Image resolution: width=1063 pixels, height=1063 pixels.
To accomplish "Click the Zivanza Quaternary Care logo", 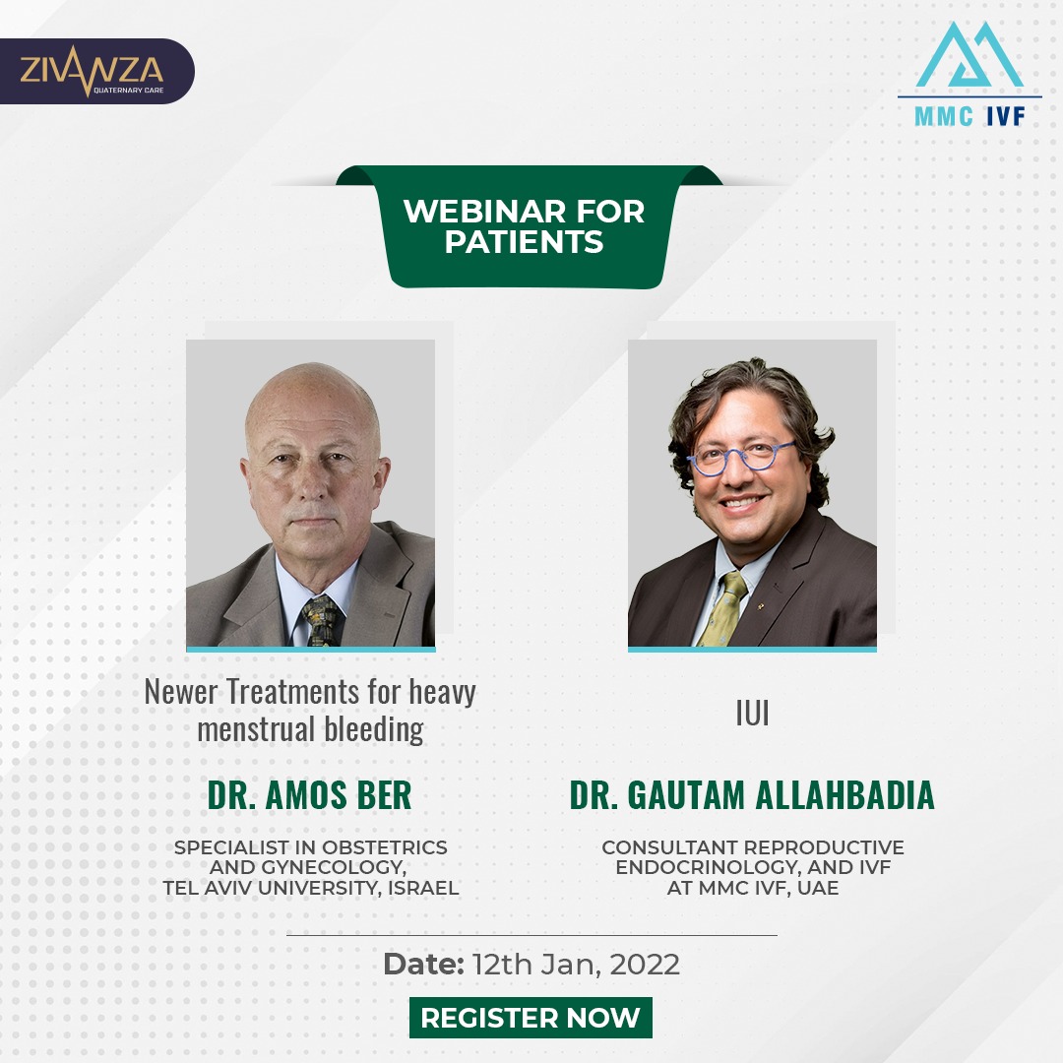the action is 93,71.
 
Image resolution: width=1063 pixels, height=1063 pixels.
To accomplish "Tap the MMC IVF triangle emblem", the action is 969,55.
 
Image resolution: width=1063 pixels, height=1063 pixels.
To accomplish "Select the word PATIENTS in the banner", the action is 524,242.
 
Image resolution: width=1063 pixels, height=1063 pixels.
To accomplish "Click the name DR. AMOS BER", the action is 310,795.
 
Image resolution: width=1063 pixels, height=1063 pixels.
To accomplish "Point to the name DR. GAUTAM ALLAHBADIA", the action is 753,795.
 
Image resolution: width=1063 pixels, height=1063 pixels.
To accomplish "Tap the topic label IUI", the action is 753,714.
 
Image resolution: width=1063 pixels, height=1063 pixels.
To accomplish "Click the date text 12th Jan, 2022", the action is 576,965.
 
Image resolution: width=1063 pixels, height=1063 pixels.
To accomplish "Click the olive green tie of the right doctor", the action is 722,609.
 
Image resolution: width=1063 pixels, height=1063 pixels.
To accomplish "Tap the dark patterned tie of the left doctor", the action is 321,620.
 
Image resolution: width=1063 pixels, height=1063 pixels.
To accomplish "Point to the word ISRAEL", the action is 423,888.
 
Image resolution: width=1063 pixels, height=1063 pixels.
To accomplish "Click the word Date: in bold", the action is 423,964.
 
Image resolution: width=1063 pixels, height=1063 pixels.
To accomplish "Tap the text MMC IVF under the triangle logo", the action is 969,116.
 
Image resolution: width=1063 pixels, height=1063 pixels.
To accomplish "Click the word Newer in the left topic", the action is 182,692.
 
